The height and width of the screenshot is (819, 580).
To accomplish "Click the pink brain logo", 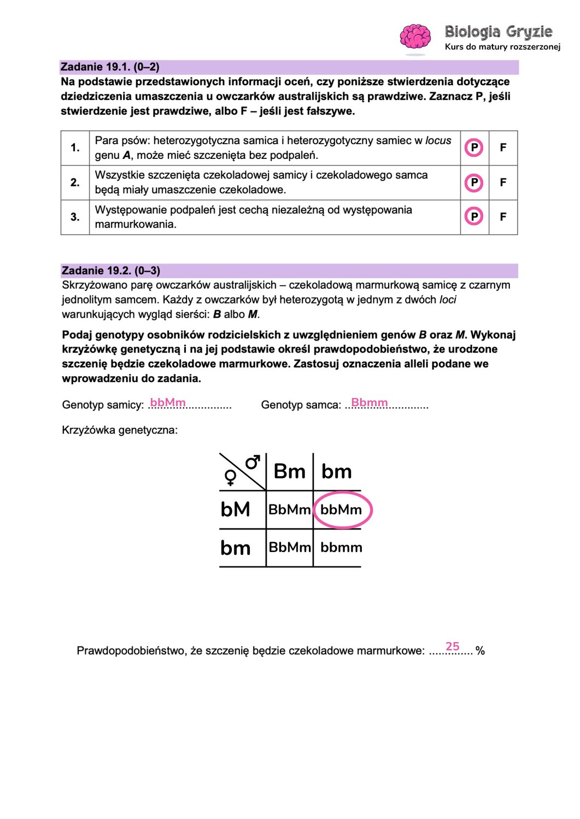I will (415, 37).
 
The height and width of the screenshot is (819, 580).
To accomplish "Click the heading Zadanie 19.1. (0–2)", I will (110, 67).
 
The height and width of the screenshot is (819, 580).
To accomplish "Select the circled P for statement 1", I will (474, 147).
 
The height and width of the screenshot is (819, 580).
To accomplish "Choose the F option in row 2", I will (503, 182).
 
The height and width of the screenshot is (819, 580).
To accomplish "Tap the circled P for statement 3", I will (474, 217).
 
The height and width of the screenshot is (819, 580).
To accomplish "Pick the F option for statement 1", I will (503, 147).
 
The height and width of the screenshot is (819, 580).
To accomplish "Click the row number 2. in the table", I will (75, 182).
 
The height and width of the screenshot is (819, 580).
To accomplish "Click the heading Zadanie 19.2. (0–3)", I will (111, 271).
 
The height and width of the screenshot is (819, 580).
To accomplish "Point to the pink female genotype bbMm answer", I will (168, 402).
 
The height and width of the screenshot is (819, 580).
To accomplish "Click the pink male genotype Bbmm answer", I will (370, 402).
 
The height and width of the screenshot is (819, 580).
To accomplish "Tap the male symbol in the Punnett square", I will (252, 463).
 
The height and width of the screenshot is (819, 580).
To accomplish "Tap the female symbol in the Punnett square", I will (231, 478).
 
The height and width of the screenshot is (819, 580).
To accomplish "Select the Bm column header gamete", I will (289, 472).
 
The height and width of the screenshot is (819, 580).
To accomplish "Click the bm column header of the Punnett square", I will (336, 472).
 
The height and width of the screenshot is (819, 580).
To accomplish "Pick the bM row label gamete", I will (236, 509).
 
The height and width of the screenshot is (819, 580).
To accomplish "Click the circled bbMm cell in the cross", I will (341, 510).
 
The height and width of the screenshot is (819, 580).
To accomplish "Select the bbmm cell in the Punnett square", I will (341, 548).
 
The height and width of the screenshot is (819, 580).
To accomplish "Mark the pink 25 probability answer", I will (453, 646).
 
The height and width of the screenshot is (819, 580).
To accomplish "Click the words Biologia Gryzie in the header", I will (498, 32).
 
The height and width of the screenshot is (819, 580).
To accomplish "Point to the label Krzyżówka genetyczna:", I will (120, 430).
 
